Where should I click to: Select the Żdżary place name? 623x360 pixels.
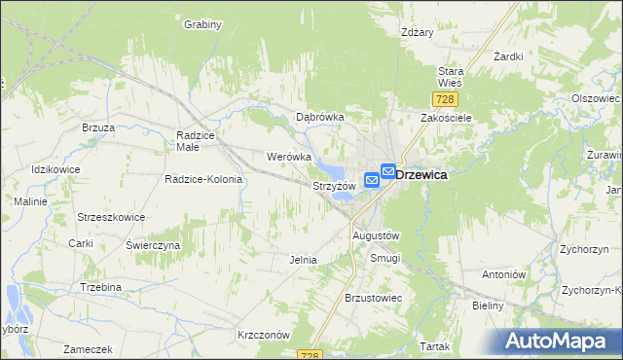click(x=417, y=31)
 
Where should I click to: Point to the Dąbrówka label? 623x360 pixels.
click(x=320, y=117)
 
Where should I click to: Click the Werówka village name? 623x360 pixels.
click(x=288, y=156)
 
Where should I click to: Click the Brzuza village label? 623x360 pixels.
click(x=99, y=127)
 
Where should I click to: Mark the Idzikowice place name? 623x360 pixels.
click(x=55, y=170)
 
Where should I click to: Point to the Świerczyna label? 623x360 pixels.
click(x=153, y=245)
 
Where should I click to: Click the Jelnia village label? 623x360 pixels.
click(x=304, y=260)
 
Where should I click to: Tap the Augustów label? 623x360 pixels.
click(x=376, y=235)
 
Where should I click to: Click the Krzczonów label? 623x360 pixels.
click(x=265, y=334)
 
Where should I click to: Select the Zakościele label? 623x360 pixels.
click(x=446, y=117)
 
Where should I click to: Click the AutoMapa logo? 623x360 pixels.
click(x=560, y=341)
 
